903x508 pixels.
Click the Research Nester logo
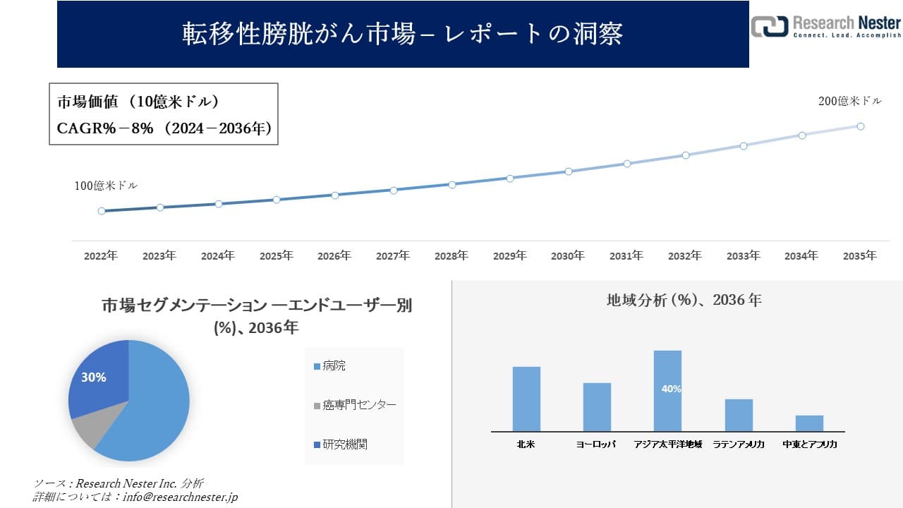pos(825,26)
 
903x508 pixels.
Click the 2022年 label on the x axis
pos(101,256)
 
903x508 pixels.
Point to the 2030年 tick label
pos(568,256)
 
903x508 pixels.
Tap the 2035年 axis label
pos(860,256)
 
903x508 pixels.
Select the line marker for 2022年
pos(102,211)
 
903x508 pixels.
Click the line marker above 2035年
pos(861,126)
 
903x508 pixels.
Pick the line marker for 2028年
pos(452,184)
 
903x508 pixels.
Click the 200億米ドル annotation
pos(849,102)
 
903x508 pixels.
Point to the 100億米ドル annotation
pos(106,186)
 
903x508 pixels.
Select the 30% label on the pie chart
pos(94,377)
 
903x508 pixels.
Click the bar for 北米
pos(526,399)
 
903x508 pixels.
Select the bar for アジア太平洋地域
pos(667,390)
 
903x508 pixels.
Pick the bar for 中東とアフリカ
pos(809,423)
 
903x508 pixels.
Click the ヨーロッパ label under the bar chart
pos(596,445)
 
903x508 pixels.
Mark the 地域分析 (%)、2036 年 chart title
pos(684,300)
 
